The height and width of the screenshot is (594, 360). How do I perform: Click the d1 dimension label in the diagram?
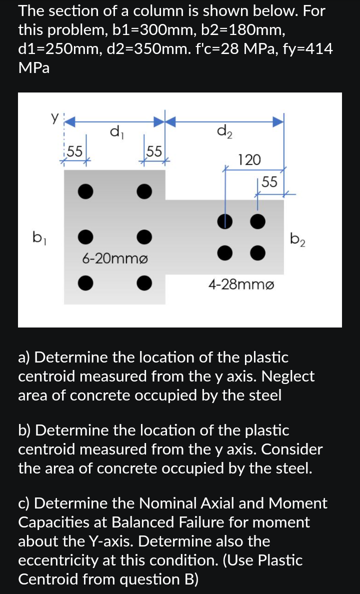(114, 133)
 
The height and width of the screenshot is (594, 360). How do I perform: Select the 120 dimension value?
(249, 160)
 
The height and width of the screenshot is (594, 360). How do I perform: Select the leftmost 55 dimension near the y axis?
(75, 150)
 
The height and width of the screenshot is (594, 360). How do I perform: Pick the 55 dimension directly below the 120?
(269, 182)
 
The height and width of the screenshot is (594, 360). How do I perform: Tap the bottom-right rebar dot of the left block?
(144, 282)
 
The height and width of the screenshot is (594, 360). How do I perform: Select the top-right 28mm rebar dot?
(257, 220)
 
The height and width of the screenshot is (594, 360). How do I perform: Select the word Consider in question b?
(294, 449)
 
